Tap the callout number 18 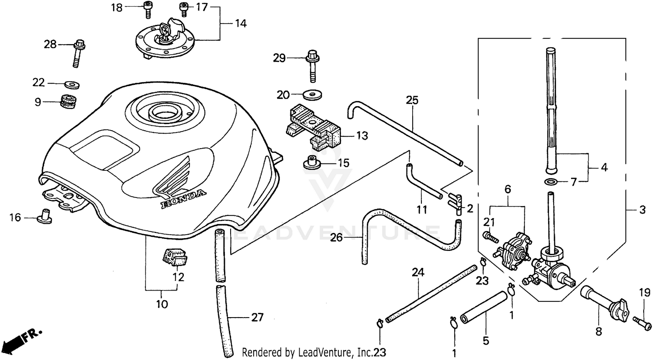pos(117,7)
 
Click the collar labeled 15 pos(311,162)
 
